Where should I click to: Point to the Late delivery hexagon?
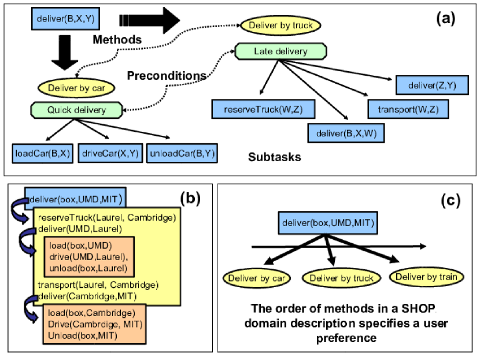click(280, 51)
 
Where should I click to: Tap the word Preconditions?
click(167, 76)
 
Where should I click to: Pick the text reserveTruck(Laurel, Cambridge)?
click(107, 218)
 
